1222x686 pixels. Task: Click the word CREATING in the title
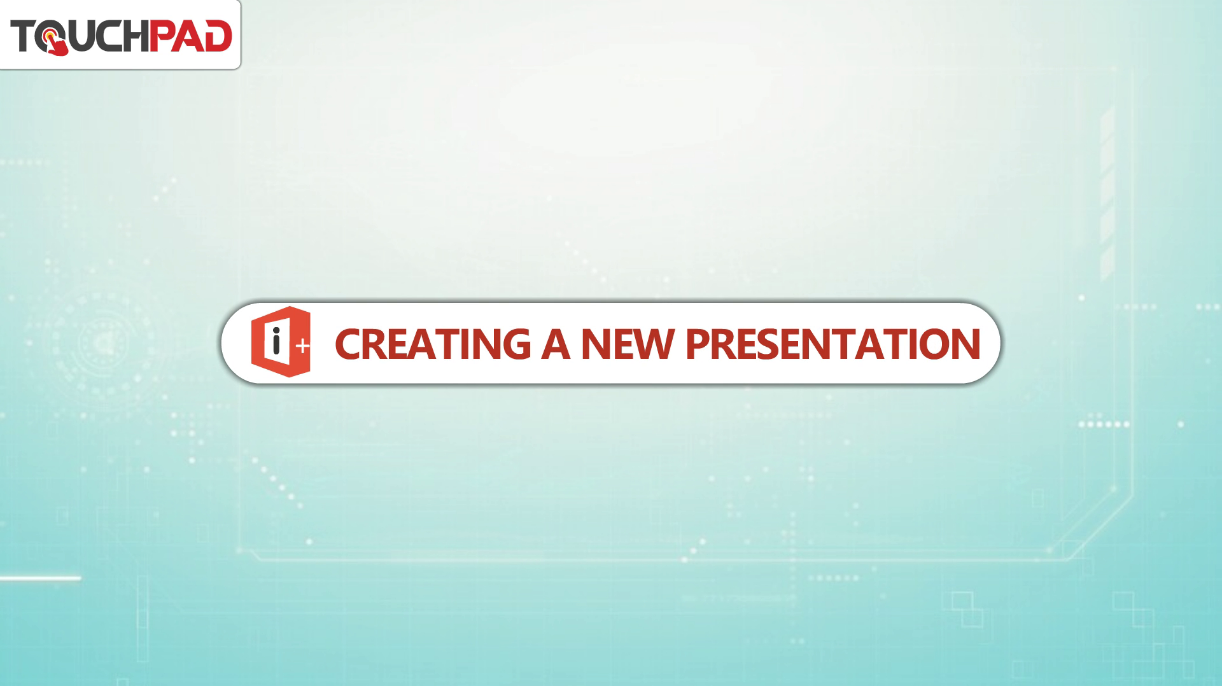pyautogui.click(x=433, y=344)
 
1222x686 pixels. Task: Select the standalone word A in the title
pyautogui.click(x=556, y=344)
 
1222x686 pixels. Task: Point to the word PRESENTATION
pyautogui.click(x=832, y=344)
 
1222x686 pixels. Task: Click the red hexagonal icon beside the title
pyautogui.click(x=281, y=342)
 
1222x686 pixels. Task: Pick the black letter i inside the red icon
pyautogui.click(x=276, y=342)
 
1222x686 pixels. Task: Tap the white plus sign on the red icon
pyautogui.click(x=303, y=346)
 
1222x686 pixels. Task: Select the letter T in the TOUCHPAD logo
pyautogui.click(x=23, y=36)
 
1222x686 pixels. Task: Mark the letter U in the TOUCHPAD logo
pyautogui.click(x=80, y=36)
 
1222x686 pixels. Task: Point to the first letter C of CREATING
pyautogui.click(x=348, y=344)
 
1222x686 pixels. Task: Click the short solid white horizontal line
pyautogui.click(x=40, y=578)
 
